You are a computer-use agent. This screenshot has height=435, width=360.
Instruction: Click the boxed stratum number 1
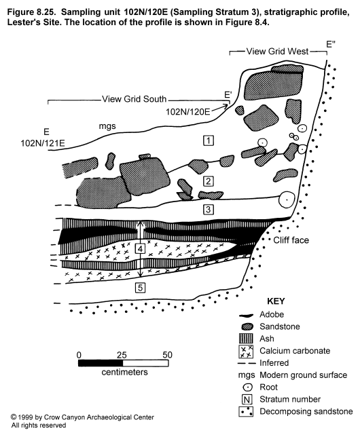pyautogui.click(x=209, y=140)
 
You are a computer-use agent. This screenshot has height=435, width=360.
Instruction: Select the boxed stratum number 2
pyautogui.click(x=209, y=181)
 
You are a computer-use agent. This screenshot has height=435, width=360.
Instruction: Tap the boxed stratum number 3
pyautogui.click(x=209, y=209)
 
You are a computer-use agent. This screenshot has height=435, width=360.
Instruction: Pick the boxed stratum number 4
pyautogui.click(x=141, y=248)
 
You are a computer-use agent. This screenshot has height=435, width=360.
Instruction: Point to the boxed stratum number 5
pyautogui.click(x=141, y=288)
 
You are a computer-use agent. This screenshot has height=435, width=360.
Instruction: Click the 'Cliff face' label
pyautogui.click(x=291, y=240)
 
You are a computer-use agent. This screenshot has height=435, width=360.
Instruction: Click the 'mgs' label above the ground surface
pyautogui.click(x=107, y=126)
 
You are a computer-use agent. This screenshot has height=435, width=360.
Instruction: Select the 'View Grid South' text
pyautogui.click(x=134, y=99)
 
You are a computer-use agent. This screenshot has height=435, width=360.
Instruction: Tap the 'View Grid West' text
pyautogui.click(x=278, y=52)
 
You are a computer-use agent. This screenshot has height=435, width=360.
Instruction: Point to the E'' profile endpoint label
pyautogui.click(x=331, y=44)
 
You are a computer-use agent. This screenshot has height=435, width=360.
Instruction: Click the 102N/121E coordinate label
pyautogui.click(x=43, y=143)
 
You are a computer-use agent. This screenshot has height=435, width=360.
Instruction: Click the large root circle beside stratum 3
pyautogui.click(x=287, y=200)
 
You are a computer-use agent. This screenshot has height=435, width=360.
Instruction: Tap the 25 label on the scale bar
pyautogui.click(x=122, y=355)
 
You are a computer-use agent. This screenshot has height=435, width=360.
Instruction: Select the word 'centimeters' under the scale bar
pyautogui.click(x=124, y=372)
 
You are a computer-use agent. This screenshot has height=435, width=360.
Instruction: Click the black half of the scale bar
pyautogui.click(x=101, y=363)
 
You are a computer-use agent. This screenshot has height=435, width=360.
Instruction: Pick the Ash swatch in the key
pyautogui.click(x=246, y=339)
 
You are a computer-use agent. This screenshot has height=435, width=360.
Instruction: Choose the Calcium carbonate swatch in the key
pyautogui.click(x=246, y=352)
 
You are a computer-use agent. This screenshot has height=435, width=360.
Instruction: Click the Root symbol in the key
pyautogui.click(x=246, y=387)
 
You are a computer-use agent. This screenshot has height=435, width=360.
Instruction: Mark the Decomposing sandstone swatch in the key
pyautogui.click(x=246, y=411)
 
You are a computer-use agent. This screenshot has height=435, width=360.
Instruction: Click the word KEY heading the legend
pyautogui.click(x=276, y=301)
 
